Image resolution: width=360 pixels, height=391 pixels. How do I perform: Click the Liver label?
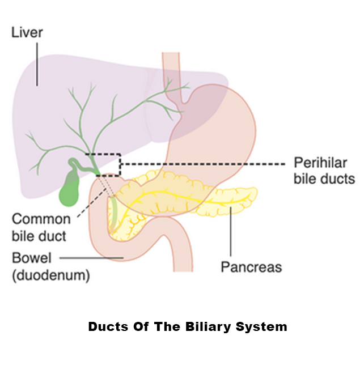click(27, 33)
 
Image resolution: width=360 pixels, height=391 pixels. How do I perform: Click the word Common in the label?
click(41, 219)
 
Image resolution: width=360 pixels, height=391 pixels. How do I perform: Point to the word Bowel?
click(32, 259)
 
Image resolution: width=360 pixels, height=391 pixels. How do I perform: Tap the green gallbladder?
click(70, 191)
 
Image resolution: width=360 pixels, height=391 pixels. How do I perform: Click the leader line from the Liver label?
click(37, 62)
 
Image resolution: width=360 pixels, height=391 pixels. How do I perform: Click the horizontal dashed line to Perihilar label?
click(204, 164)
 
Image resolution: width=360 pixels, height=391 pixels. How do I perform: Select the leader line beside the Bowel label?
click(91, 259)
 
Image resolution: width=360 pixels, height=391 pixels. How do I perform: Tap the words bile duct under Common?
click(40, 236)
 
